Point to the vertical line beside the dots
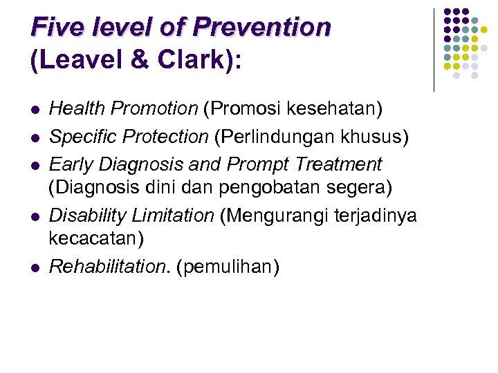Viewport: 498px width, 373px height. pyautogui.click(x=434, y=50)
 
